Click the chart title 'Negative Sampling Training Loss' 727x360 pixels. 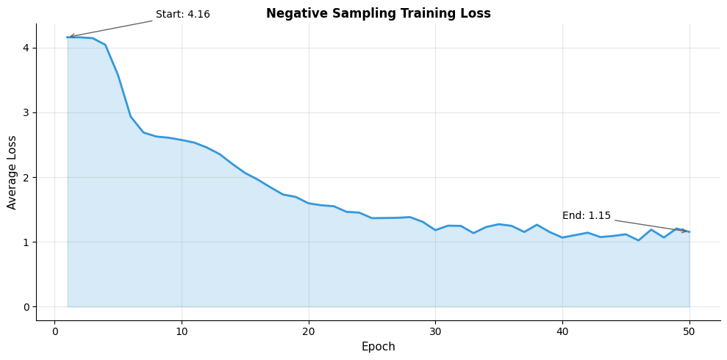[x=378, y=13]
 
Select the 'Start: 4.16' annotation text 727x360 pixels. [x=182, y=15]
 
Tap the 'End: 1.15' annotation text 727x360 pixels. [x=586, y=216]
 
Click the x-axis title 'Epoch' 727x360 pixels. [x=378, y=347]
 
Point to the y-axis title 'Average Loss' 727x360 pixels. [x=12, y=172]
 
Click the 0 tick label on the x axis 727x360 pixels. [x=54, y=331]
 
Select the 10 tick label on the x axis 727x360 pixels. [x=182, y=331]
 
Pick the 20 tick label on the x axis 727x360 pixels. [x=309, y=331]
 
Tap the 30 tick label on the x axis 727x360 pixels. [x=435, y=331]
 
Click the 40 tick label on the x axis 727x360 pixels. [x=562, y=331]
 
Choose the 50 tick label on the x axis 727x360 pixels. [x=690, y=331]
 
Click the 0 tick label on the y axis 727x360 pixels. [x=25, y=307]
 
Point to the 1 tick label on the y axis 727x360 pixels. [x=25, y=242]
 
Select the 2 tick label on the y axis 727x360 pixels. [x=25, y=178]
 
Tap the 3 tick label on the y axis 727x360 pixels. [x=25, y=113]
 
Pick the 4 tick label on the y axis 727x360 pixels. [x=25, y=48]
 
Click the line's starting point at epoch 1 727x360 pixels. [x=67, y=37]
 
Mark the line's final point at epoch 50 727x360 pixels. [x=690, y=232]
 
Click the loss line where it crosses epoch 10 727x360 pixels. [x=182, y=140]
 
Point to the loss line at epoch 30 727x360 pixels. [x=435, y=230]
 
